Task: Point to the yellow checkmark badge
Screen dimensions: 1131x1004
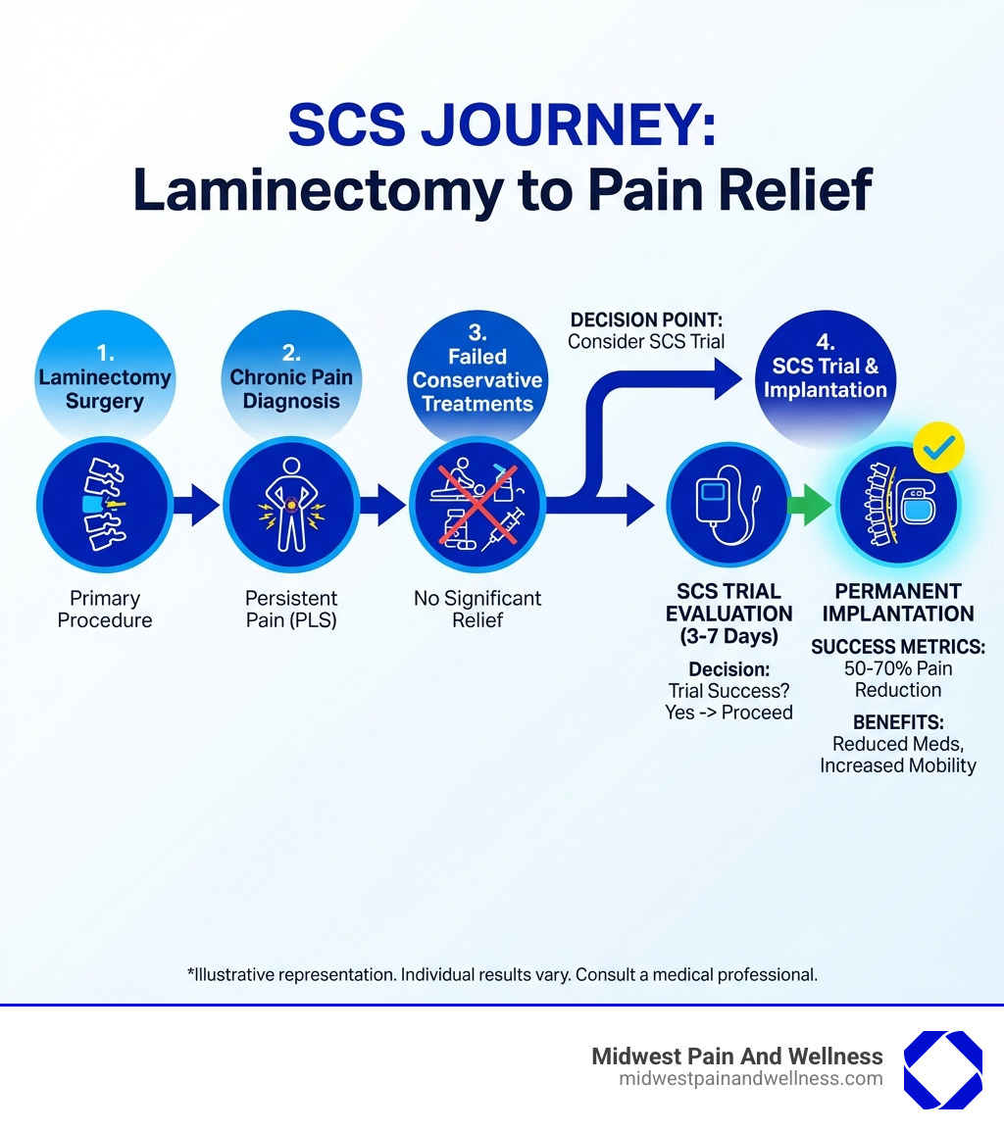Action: tap(938, 448)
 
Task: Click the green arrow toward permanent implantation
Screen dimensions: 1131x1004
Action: tap(809, 506)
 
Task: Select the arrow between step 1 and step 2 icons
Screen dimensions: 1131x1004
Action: tap(197, 506)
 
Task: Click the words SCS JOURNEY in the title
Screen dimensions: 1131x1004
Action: tap(502, 126)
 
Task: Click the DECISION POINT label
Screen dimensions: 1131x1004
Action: tap(647, 320)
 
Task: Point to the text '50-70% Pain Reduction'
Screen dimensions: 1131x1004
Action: tap(898, 679)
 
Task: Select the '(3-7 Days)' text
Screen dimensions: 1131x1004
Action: tap(728, 636)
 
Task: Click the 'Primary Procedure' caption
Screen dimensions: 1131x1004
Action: tap(105, 609)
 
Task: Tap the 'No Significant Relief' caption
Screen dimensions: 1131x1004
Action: tap(477, 609)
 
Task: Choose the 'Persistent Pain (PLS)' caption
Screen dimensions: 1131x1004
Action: tap(291, 609)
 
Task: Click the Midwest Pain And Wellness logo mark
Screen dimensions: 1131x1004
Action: tap(942, 1069)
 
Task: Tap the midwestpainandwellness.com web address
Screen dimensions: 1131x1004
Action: tap(751, 1079)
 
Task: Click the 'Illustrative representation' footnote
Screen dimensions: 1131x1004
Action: tap(502, 975)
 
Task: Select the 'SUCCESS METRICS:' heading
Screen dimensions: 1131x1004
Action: tap(898, 647)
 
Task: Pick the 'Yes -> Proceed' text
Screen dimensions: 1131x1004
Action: tap(728, 713)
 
